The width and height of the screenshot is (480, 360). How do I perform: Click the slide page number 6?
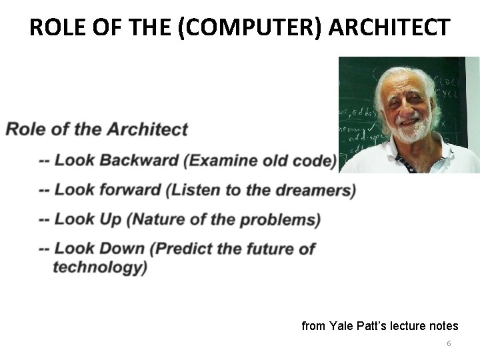click(449, 343)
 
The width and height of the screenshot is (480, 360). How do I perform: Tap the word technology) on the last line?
click(100, 267)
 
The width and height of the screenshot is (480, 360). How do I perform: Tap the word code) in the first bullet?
click(312, 161)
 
